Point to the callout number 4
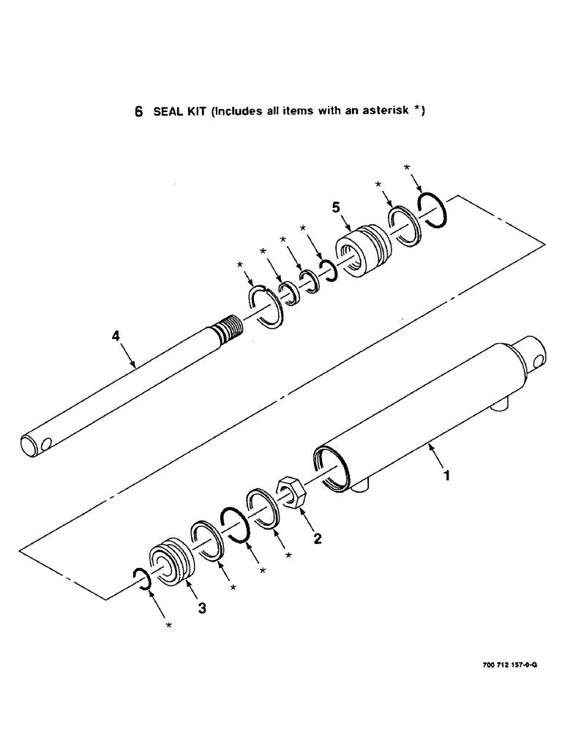pyautogui.click(x=115, y=337)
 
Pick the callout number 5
pyautogui.click(x=336, y=209)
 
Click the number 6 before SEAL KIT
pyautogui.click(x=138, y=113)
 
